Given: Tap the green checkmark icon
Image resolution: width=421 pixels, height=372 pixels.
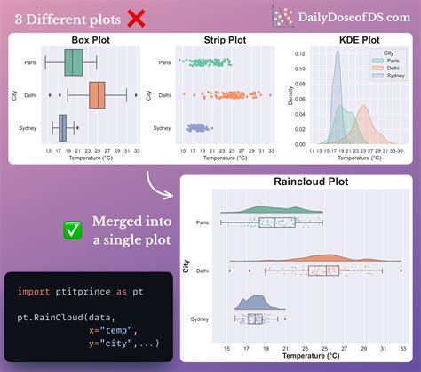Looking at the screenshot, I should point(73,230).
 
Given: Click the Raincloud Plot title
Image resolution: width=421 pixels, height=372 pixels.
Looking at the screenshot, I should point(299,182).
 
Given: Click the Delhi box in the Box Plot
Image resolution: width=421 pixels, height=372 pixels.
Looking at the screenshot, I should point(97,93).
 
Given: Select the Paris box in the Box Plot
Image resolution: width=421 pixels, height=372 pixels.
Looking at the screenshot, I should point(75,62).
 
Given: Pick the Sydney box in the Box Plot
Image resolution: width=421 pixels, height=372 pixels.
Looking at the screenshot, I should point(62,128).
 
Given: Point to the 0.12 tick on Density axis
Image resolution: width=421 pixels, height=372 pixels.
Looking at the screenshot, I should point(299,53).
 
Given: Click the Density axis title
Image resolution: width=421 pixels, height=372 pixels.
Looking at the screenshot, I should point(290,95).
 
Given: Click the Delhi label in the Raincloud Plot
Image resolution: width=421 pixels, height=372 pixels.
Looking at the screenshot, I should point(203,270).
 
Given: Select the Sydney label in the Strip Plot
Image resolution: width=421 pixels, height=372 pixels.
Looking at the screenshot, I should point(163,128).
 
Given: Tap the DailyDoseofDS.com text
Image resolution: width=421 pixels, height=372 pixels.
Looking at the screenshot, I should point(353,16).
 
